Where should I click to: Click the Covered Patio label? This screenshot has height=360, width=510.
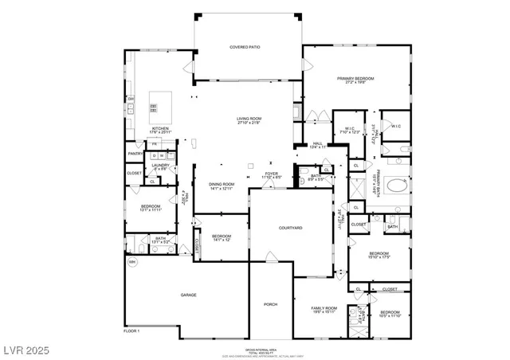pyautogui.click(x=245, y=47)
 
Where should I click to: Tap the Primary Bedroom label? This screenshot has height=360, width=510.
pyautogui.click(x=355, y=78)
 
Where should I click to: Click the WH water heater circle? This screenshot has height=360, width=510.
pyautogui.click(x=132, y=261)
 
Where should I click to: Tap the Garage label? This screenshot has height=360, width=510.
pyautogui.click(x=188, y=295)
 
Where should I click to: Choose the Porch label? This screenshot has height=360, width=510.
pyautogui.click(x=270, y=304)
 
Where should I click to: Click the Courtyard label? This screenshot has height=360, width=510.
pyautogui.click(x=290, y=228)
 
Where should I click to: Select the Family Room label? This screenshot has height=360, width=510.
pyautogui.click(x=324, y=307)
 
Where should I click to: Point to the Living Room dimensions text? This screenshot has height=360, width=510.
pyautogui.click(x=249, y=123)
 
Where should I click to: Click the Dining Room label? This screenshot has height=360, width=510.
pyautogui.click(x=222, y=184)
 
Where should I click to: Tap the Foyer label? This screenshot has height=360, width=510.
pyautogui.click(x=272, y=173)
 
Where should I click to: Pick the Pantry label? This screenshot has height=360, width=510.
pyautogui.click(x=135, y=154)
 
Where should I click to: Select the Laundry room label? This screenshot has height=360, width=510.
pyautogui.click(x=160, y=165)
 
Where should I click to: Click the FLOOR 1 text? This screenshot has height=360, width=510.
pyautogui.click(x=131, y=331)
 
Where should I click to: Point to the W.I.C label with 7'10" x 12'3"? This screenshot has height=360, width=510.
pyautogui.click(x=349, y=129)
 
